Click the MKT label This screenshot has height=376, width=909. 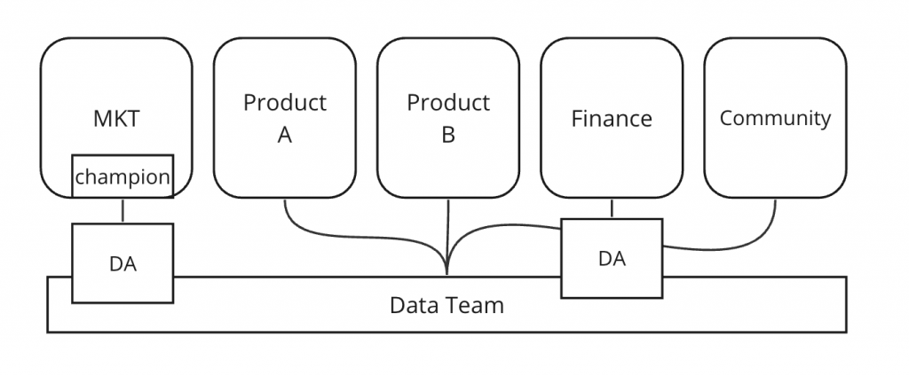coord(116,119)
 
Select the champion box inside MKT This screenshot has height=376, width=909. coord(122,177)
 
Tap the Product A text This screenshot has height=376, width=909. coord(285,118)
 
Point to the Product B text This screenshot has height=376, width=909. coord(448,118)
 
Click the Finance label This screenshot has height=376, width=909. coord(612,119)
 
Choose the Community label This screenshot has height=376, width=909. coord(775,118)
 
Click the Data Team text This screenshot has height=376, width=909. coord(447,306)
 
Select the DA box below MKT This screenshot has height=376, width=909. coord(123,262)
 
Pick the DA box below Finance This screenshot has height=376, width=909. coord(612,258)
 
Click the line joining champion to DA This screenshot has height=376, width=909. coord(123,211)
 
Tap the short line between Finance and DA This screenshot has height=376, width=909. coord(612,208)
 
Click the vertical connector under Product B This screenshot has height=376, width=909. coord(448,231)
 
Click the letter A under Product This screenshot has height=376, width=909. coord(285,135)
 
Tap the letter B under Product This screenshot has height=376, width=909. coord(448,135)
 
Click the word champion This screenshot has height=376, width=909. coord(122,177)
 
